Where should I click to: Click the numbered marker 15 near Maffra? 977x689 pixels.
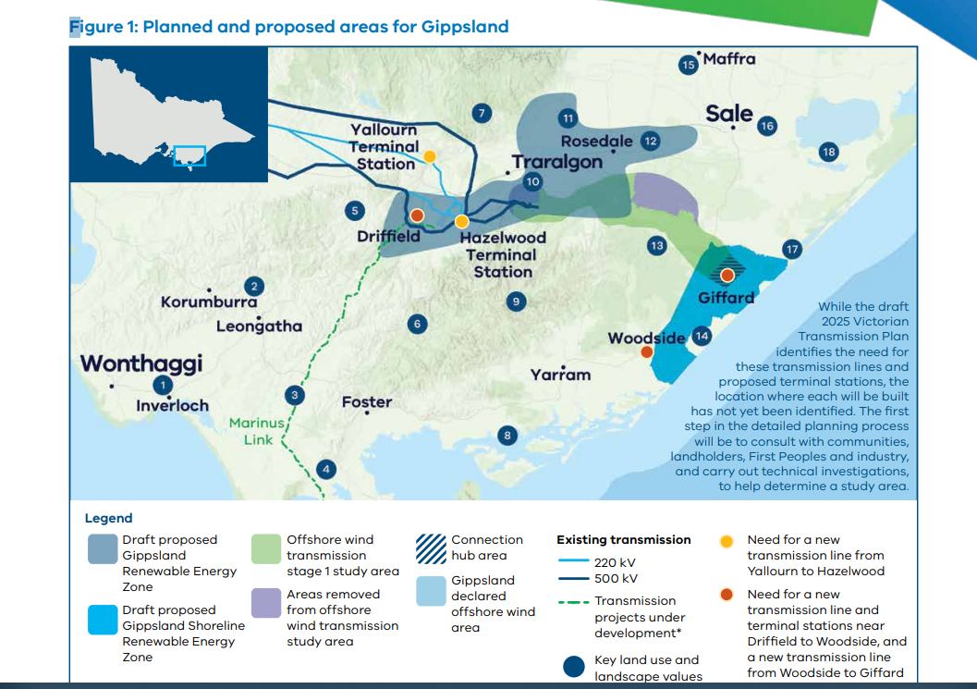click(x=688, y=65)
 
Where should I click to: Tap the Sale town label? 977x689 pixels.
click(x=729, y=114)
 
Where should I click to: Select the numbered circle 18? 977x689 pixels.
click(x=829, y=152)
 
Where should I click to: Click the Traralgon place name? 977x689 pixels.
click(x=557, y=162)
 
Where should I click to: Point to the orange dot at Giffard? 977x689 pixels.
click(x=727, y=275)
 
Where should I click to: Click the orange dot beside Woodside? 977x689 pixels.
click(x=647, y=351)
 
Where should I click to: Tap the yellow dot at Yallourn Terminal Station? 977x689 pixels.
click(x=430, y=156)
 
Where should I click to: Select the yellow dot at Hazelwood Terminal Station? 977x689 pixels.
click(x=462, y=221)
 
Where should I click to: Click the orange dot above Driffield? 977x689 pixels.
click(x=417, y=215)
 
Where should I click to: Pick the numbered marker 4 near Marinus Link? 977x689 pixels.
click(x=326, y=469)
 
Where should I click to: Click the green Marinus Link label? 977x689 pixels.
click(x=257, y=431)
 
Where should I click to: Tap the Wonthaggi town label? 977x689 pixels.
click(x=141, y=363)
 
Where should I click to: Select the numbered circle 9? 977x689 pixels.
click(x=516, y=301)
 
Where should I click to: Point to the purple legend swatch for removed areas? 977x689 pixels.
click(x=266, y=602)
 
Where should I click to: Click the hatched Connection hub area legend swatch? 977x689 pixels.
click(x=431, y=548)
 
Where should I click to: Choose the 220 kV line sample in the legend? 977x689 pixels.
click(x=573, y=560)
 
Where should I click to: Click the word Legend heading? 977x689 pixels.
click(x=108, y=518)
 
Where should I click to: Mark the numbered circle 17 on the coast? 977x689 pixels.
click(x=792, y=250)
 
